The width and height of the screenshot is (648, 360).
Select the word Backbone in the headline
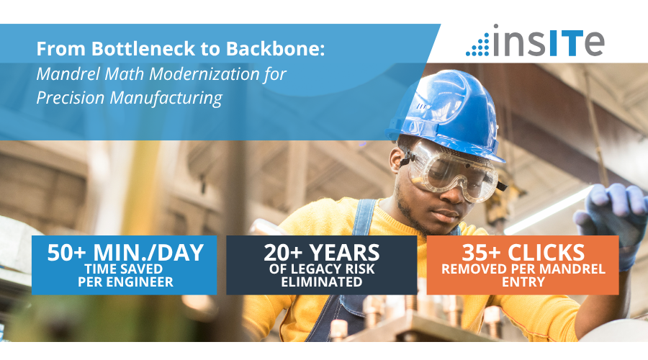click(x=275, y=49)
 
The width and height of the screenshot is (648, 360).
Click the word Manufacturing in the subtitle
click(x=166, y=99)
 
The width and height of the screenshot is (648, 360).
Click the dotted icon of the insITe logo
click(x=478, y=45)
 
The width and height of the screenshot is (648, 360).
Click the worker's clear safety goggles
click(x=454, y=169)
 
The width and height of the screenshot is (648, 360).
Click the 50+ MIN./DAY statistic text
click(x=125, y=253)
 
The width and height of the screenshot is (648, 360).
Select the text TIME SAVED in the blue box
click(x=124, y=269)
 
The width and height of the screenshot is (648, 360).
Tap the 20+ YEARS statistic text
click(x=322, y=253)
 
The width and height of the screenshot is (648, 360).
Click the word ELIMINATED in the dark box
click(x=322, y=282)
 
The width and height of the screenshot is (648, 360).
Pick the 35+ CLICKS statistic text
click(x=523, y=253)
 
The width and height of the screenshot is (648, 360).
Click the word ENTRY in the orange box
click(x=523, y=282)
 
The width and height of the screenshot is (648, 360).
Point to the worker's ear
click(x=396, y=161)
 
